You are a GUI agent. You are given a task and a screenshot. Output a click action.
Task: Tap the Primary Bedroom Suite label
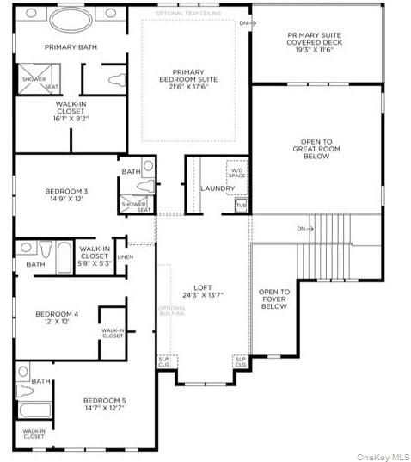tap(194, 76)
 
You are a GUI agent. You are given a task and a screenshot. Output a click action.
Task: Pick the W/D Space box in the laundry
tap(236, 172)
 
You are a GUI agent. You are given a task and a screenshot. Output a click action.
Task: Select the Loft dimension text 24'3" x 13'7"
tap(202, 295)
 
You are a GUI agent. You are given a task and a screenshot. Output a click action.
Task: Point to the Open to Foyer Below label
tap(273, 299)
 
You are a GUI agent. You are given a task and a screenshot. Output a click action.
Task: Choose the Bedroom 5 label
tap(104, 403)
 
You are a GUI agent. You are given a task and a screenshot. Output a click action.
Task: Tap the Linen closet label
tap(126, 256)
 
